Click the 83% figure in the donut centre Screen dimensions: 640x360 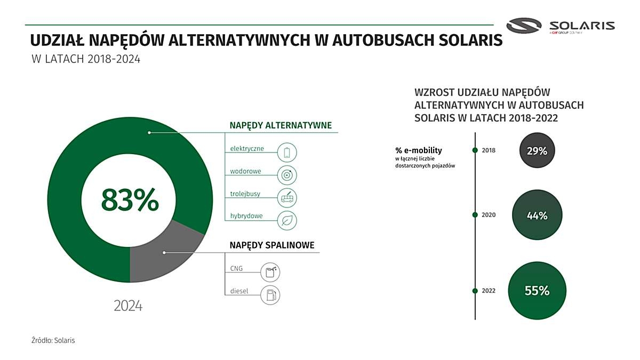point(130,199)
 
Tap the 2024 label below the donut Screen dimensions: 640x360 point(128,306)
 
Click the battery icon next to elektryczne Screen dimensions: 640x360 point(287,153)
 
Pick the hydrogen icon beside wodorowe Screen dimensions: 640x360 point(287,175)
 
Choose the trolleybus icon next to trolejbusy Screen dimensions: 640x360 point(287,198)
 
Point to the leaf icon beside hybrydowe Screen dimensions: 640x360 point(287,220)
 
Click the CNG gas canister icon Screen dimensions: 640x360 point(270,273)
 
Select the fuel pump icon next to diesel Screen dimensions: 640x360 point(270,295)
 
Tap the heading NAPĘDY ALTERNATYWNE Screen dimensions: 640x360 point(281,125)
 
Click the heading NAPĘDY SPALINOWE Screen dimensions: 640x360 point(272,245)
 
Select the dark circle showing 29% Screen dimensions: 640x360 point(537,150)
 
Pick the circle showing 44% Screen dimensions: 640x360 point(537,215)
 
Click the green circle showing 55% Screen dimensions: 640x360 point(537,291)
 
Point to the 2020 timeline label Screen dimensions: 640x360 point(489,215)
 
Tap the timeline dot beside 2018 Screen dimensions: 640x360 point(475,150)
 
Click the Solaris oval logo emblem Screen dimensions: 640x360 point(524,26)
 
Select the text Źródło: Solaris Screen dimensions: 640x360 point(53,340)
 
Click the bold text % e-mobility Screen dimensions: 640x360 point(419,150)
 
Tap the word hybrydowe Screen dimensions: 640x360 point(246,215)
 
